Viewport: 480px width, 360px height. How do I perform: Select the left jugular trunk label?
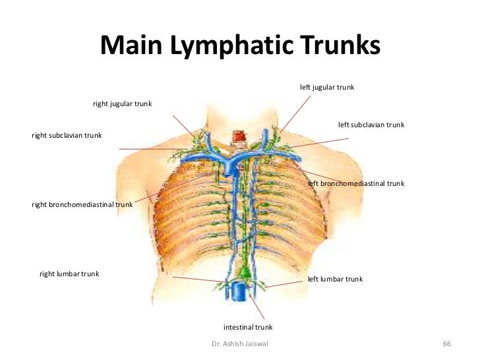tap(327, 88)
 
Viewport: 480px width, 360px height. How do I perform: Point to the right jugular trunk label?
tap(122, 104)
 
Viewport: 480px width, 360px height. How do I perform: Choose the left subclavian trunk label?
tap(371, 125)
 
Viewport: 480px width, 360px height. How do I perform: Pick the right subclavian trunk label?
tap(67, 135)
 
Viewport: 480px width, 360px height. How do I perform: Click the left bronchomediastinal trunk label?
tap(356, 183)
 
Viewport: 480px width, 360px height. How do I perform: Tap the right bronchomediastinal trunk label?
tap(82, 205)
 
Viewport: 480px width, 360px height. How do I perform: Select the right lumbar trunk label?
tap(69, 274)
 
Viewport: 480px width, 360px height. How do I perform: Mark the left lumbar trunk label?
tap(335, 280)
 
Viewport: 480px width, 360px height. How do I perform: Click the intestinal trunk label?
tap(248, 327)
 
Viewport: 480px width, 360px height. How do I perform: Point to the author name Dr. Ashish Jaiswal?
tap(240, 345)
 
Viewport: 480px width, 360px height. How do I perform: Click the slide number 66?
tap(446, 345)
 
